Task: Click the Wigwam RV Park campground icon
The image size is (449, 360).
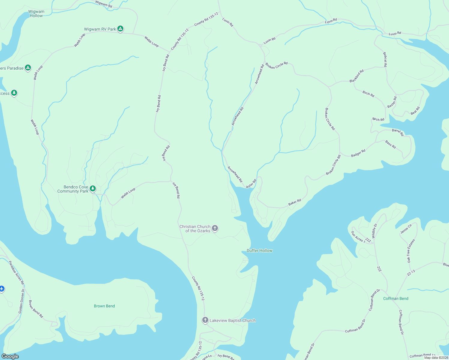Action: (x=120, y=29)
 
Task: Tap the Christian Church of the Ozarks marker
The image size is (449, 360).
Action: (x=215, y=228)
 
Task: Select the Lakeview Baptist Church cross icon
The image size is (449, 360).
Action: (x=205, y=320)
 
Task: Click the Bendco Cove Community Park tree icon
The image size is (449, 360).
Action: (x=93, y=188)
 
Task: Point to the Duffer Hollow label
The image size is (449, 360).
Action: (x=259, y=250)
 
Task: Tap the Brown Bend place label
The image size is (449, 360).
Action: (x=104, y=306)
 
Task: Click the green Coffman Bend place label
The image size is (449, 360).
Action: (x=396, y=298)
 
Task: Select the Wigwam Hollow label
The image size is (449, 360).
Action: (x=36, y=13)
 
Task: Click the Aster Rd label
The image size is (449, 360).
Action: (x=251, y=184)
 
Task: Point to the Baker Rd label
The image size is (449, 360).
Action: (x=294, y=202)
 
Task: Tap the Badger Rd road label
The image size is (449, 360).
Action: (x=358, y=153)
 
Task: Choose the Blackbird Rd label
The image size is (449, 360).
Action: (x=357, y=76)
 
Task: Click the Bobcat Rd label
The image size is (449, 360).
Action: (x=385, y=59)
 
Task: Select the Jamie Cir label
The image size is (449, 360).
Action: (x=406, y=229)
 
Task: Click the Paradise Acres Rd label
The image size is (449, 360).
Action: (x=16, y=273)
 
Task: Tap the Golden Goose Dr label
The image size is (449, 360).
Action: (x=21, y=301)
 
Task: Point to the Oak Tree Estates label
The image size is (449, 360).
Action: (x=411, y=251)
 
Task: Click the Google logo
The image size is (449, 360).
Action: (x=10, y=356)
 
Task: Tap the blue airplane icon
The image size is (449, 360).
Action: (x=2, y=289)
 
